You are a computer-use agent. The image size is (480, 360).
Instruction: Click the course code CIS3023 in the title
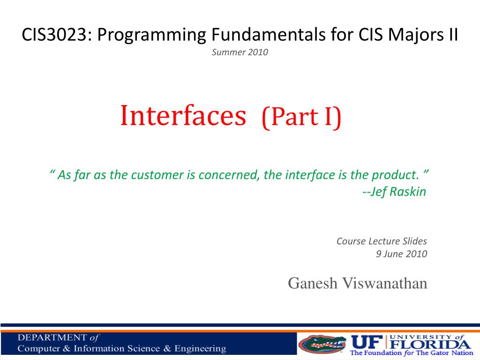point(54,35)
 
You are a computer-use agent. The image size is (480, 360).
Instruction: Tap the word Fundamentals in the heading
point(268,35)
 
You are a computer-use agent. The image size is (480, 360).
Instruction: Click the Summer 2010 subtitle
point(240,52)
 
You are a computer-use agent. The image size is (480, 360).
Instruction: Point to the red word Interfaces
point(183,115)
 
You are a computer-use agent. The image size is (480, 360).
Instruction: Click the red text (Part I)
point(301,117)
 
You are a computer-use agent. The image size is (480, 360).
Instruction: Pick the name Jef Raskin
point(398,192)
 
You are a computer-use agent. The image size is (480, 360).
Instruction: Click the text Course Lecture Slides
point(382,241)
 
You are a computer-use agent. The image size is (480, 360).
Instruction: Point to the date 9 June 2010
point(401,254)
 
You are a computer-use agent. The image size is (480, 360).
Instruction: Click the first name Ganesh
point(312,283)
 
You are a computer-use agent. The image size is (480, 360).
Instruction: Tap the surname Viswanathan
point(384,283)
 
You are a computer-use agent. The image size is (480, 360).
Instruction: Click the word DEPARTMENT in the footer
point(52,337)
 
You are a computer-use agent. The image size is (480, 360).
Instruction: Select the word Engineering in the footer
point(200,349)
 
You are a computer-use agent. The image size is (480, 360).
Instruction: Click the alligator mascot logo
point(322,344)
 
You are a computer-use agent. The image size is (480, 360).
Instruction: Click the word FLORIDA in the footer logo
point(430,345)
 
